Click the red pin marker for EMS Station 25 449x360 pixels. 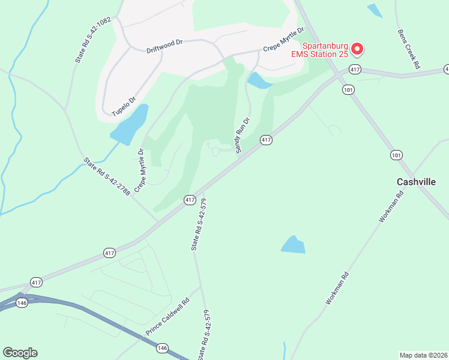[x=357, y=48]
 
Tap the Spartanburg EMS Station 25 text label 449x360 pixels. [x=325, y=50]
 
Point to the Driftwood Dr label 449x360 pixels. [x=164, y=47]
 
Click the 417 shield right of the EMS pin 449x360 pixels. [x=355, y=70]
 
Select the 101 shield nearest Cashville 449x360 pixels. [x=396, y=155]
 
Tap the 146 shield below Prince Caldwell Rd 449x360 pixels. [x=163, y=348]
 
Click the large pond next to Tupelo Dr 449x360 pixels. [x=130, y=125]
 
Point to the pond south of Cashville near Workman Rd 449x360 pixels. [x=293, y=244]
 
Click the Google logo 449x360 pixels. [x=20, y=353]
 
